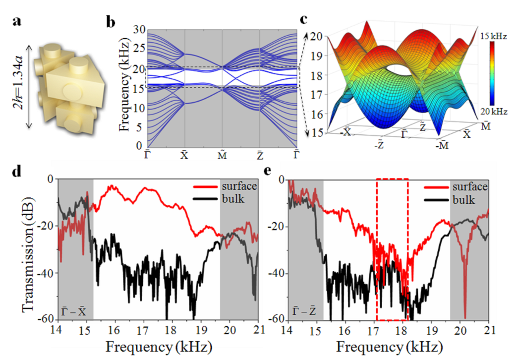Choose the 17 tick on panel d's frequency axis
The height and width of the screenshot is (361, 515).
click(144, 330)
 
